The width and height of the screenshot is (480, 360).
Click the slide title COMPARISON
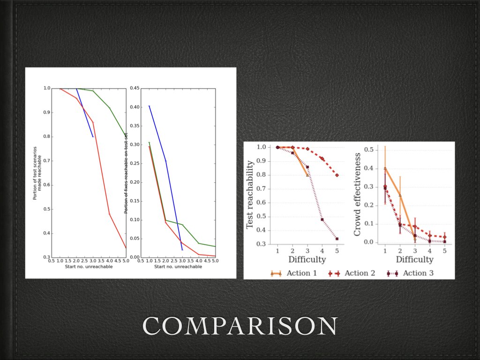click(x=240, y=326)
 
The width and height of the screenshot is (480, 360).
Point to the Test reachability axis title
click(x=250, y=195)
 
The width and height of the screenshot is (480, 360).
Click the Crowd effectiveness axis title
click(x=358, y=195)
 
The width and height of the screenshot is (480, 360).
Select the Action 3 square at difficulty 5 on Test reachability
click(x=337, y=239)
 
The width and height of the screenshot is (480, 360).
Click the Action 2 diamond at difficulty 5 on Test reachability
click(x=337, y=175)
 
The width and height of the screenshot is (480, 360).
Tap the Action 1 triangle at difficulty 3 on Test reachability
click(x=307, y=175)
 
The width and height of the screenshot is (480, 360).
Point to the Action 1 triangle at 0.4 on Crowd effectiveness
click(x=385, y=168)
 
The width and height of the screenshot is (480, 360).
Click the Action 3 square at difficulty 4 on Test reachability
click(x=322, y=219)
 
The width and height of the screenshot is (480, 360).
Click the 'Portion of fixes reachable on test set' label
click(x=126, y=172)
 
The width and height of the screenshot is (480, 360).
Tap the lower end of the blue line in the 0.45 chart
click(x=182, y=250)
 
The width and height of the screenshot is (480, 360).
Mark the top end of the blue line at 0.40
click(x=149, y=106)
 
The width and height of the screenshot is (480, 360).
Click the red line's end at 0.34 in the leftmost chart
click(x=126, y=247)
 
